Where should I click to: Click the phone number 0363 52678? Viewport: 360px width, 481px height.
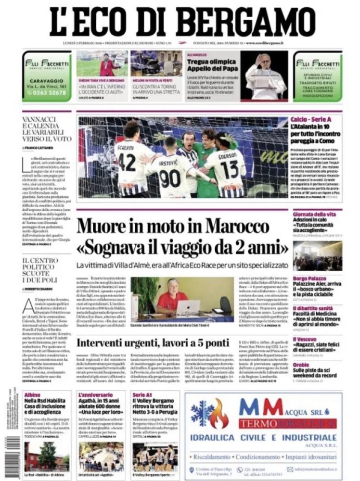47,93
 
